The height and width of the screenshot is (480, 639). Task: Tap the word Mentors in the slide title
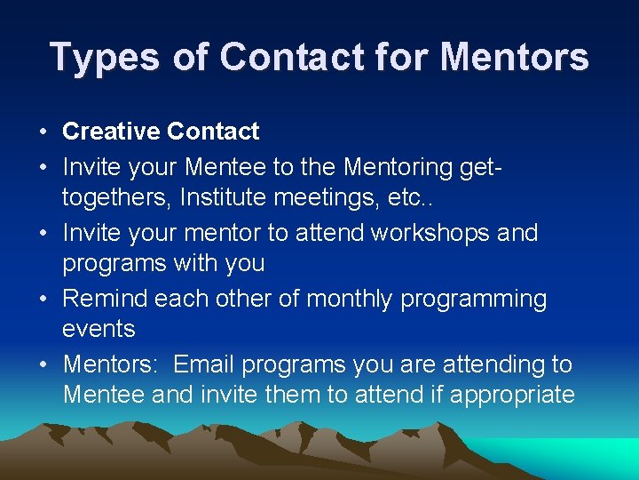[514, 58]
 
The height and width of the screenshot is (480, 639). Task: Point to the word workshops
[430, 233]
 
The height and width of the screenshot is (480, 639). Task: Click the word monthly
[350, 299]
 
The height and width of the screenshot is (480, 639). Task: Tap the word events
[99, 329]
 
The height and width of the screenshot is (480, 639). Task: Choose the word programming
[474, 299]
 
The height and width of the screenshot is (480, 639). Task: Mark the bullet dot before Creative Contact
[43, 132]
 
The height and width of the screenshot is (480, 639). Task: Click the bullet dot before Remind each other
[43, 300]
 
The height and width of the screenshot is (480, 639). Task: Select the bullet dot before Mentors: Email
[43, 365]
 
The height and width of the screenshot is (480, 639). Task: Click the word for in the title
[391, 58]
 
